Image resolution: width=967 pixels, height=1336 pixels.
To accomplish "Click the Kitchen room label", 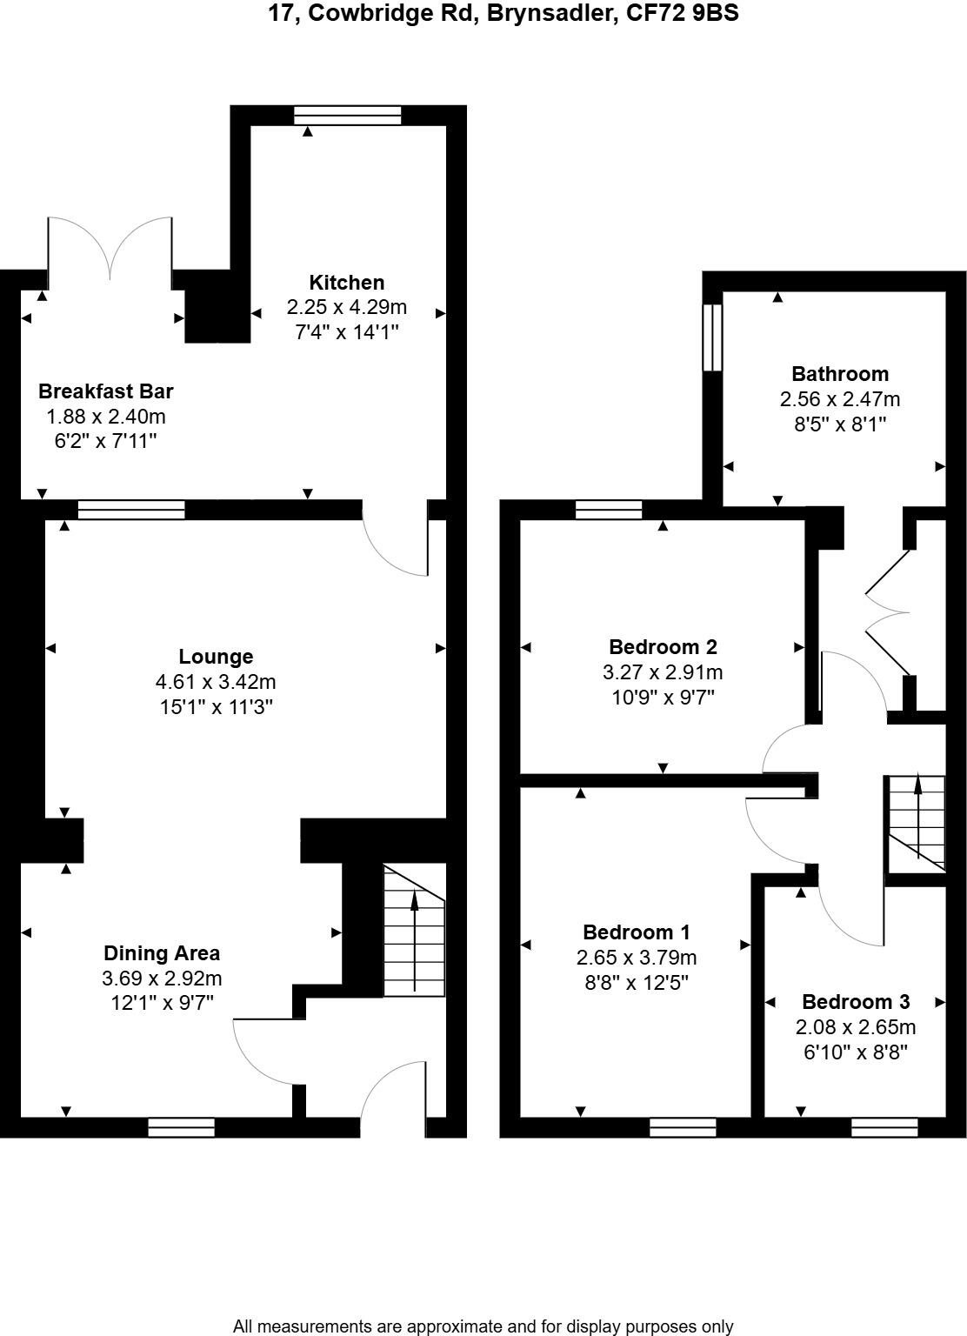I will coord(346,283).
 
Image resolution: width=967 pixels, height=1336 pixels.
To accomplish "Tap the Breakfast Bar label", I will coord(105,391).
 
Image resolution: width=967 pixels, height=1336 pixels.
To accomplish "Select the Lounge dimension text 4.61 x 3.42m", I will coord(217,682).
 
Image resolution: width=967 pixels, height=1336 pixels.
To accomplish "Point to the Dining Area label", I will coord(162,953).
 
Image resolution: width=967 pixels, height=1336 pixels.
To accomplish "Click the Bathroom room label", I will coord(839,374).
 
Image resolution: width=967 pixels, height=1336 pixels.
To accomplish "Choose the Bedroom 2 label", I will coord(663,647).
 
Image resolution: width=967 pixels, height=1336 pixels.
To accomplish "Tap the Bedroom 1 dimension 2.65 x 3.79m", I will coord(636,958).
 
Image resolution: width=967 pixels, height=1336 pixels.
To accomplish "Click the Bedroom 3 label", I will coord(856,1001).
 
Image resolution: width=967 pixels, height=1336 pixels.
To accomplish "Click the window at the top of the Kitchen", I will coord(347,116).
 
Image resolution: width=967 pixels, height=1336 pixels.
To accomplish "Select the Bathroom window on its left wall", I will coord(712,337).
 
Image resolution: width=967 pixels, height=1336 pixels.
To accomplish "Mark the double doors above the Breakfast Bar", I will coord(110,248).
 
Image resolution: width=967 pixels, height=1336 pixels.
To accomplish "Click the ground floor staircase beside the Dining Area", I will coord(414,930).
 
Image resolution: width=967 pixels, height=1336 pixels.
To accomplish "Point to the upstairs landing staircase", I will coord(916,823).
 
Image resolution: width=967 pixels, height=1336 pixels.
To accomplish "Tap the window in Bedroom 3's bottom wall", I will coord(884,1127).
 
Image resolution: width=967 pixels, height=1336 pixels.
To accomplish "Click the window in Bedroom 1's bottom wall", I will coord(683,1127).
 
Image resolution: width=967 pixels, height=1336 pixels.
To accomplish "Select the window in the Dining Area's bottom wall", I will coord(181,1127).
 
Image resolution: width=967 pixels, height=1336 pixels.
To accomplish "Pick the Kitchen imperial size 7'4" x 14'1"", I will coord(346,331).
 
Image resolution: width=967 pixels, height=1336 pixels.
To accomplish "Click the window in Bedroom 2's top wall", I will coord(609,510).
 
